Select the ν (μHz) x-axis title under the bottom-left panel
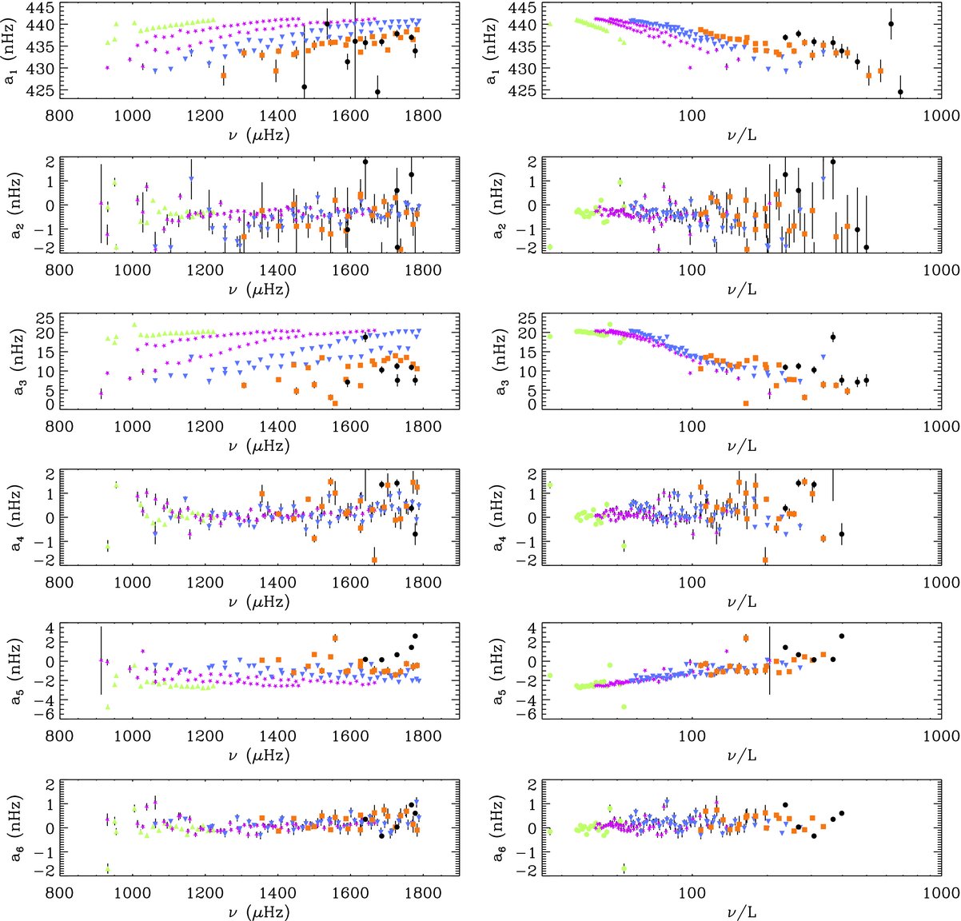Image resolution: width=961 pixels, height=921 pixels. (258, 911)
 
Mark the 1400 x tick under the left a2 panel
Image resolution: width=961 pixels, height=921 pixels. (277, 270)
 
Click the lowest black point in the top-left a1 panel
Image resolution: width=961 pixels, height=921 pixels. (377, 92)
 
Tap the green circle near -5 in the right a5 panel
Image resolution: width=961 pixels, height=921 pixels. (624, 707)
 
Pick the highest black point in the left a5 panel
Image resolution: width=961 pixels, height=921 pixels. (415, 636)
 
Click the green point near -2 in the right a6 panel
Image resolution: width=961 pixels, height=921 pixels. (624, 868)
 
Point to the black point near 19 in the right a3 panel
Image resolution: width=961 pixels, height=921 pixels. (833, 337)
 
